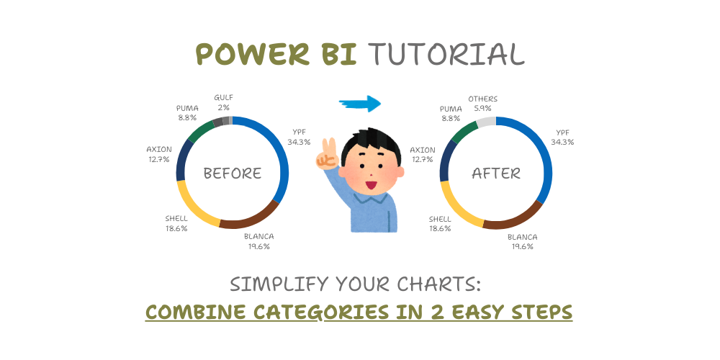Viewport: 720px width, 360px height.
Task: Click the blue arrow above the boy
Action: pyautogui.click(x=359, y=104)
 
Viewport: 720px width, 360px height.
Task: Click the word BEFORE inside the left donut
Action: pyautogui.click(x=232, y=174)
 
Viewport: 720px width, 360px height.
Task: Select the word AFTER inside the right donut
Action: pyautogui.click(x=496, y=174)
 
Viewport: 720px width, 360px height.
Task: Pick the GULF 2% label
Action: pyautogui.click(x=223, y=102)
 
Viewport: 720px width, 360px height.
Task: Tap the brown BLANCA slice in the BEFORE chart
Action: pyautogui.click(x=248, y=219)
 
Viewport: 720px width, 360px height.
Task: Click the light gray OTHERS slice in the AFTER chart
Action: pyautogui.click(x=486, y=121)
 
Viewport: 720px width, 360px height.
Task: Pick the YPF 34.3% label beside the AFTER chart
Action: pyautogui.click(x=562, y=137)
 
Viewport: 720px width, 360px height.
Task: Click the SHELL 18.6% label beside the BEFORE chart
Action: pyautogui.click(x=176, y=223)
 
